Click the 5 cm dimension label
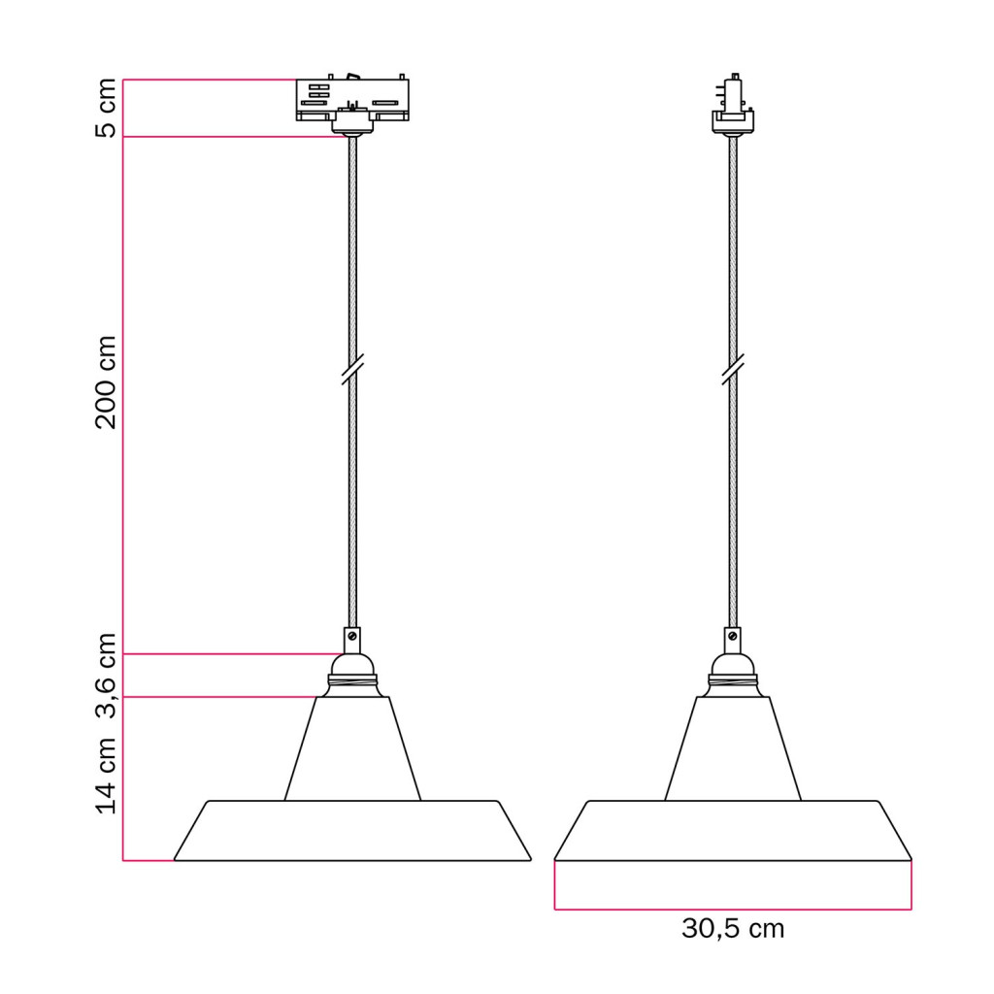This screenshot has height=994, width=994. tap(106, 108)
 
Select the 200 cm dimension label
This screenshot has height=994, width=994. tap(106, 382)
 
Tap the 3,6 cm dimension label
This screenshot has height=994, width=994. tap(106, 676)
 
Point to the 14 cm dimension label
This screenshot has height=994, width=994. tap(106, 776)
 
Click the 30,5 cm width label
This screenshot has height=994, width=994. tap(733, 929)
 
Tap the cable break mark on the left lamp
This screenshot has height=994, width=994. tap(352, 370)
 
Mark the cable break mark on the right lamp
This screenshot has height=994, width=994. tap(733, 370)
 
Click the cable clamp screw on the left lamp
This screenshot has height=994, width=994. tap(352, 636)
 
